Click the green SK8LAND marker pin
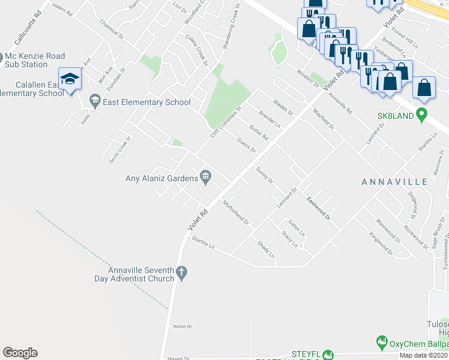pos(422,113)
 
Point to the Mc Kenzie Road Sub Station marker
pos(3,60)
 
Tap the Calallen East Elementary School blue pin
pos(70,79)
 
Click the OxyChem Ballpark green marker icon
pos(381,343)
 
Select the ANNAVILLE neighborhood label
pos(394,181)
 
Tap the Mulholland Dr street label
pos(236,213)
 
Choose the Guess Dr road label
pos(247,146)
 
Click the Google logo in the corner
pos(20,353)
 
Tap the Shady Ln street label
pos(265,250)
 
